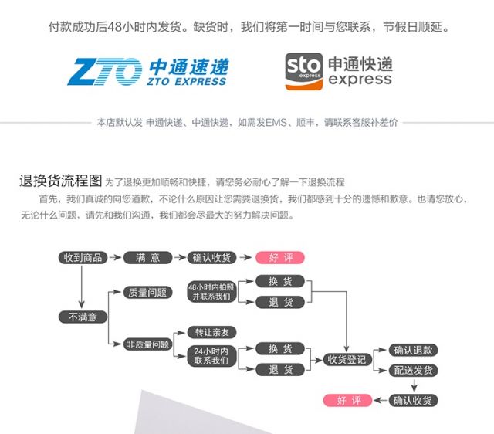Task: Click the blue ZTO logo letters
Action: [105, 72]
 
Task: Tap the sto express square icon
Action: [304, 72]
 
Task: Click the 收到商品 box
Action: [83, 257]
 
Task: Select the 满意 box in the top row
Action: [147, 257]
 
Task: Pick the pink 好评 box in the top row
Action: [280, 257]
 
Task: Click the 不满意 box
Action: [83, 317]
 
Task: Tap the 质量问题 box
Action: [147, 293]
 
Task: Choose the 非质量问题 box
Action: [147, 344]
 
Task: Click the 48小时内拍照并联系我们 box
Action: [212, 292]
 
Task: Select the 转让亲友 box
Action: [211, 332]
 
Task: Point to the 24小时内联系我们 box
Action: [211, 356]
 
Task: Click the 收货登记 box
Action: [347, 359]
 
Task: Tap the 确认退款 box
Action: [413, 350]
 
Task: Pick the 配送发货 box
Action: [413, 371]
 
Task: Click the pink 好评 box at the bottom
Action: [348, 400]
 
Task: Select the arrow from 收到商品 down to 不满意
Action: [82, 287]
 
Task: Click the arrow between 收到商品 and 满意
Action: [115, 257]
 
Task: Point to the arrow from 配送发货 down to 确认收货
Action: [414, 385]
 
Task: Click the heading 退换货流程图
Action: [60, 181]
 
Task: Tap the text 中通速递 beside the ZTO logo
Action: [188, 67]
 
